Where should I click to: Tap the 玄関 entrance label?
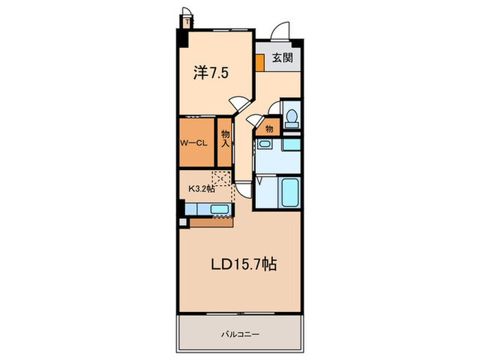point(282,59)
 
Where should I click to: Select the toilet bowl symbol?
point(291,117)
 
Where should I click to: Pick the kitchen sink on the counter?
point(219,210)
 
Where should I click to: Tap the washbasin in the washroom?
point(266,147)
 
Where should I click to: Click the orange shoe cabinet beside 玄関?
point(260,62)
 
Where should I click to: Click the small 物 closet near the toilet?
point(269,128)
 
